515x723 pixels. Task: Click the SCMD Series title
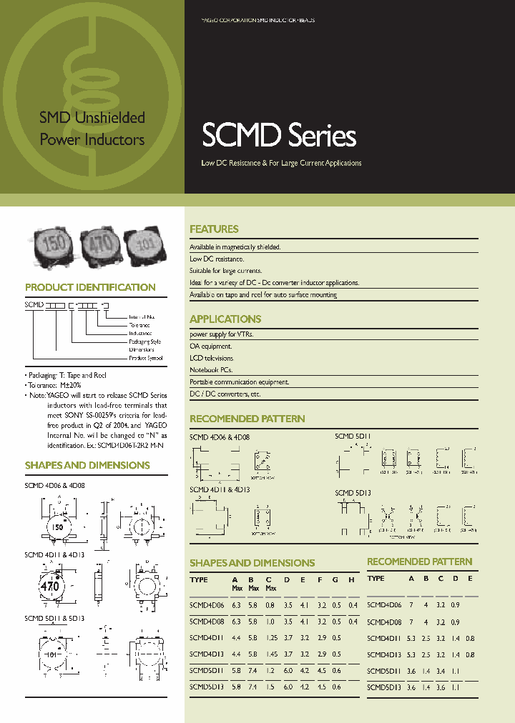click(279, 136)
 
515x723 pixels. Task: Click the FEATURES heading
click(214, 229)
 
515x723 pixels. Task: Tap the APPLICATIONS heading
click(225, 319)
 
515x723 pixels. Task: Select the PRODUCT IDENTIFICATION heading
click(90, 287)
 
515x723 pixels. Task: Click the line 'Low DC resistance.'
click(217, 259)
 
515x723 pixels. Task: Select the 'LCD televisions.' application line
click(212, 358)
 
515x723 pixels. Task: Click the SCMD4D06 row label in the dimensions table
click(207, 605)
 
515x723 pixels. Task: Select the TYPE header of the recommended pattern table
click(376, 579)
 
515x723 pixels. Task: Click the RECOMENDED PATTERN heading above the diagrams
click(247, 419)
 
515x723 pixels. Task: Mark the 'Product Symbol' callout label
click(146, 358)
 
